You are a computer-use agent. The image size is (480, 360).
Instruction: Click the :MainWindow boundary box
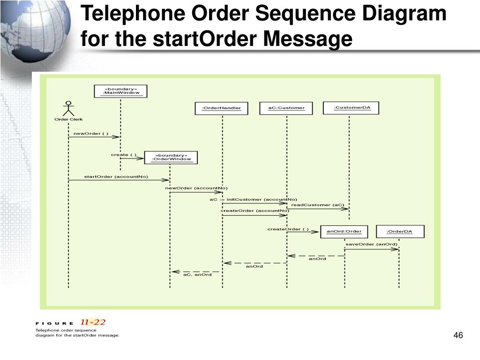pos(121,91)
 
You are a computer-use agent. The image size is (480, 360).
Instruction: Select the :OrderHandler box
pos(221,108)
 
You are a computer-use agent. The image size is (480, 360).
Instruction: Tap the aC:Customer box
pos(286,108)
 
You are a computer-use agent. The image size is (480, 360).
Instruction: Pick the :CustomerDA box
pos(352,108)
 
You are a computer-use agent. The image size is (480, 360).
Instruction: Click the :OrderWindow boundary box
pos(171,157)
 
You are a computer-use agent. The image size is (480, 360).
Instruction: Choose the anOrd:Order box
pos(344,232)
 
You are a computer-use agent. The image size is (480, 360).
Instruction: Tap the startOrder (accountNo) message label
pos(116,177)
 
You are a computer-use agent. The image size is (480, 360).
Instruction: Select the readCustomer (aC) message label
pos(317,205)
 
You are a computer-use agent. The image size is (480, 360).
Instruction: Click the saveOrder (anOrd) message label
pos(371,244)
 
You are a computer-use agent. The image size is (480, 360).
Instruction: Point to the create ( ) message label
pos(123,155)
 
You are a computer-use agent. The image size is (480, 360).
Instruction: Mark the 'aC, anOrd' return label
pos(197,275)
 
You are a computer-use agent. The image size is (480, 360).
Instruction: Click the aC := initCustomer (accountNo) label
pos(253,200)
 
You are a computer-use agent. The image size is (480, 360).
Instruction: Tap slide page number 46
pos(458,335)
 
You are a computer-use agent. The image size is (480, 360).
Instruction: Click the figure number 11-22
pos(93,322)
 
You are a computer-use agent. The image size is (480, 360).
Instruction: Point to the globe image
pos(35,28)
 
